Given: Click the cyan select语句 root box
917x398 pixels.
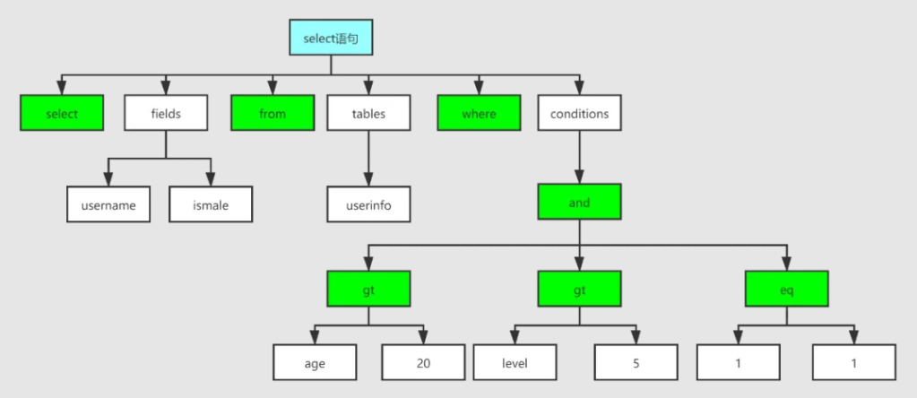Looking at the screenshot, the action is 331,38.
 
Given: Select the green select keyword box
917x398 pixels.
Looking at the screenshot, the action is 62,113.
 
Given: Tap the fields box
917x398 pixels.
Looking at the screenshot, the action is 166,113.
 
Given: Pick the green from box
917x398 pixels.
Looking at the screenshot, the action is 273,113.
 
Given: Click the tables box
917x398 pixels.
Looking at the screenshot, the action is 368,113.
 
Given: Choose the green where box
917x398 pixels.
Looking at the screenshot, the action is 479,113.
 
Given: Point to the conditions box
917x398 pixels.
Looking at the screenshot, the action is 580,113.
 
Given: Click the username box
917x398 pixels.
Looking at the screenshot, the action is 108,204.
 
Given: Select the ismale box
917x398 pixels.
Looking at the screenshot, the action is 211,204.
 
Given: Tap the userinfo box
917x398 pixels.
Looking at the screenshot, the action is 368,204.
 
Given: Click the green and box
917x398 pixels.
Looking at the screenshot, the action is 580,203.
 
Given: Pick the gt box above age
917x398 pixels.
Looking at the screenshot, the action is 368,289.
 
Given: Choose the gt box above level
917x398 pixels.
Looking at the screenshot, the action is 580,289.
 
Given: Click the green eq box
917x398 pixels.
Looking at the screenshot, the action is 787,289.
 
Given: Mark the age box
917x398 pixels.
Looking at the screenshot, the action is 315,362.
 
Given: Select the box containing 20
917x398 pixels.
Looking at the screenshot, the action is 423,362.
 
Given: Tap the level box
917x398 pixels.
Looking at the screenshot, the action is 515,362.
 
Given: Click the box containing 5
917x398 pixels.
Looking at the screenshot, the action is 636,362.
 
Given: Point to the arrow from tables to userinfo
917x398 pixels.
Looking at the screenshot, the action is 368,159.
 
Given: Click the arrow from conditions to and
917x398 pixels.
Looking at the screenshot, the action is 580,157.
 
